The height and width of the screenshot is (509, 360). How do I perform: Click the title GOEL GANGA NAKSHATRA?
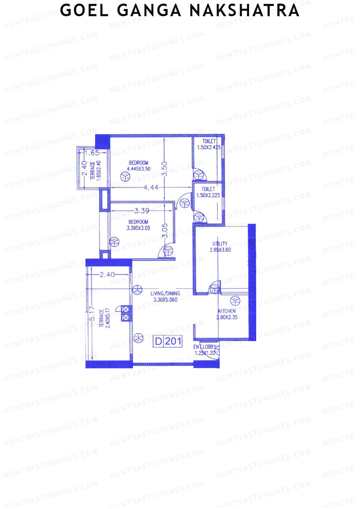point(180,11)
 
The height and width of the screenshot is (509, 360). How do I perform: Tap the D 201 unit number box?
point(168,341)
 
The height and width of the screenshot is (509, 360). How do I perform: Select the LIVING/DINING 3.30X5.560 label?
point(165,296)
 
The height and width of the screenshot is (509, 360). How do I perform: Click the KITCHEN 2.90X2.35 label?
point(227,314)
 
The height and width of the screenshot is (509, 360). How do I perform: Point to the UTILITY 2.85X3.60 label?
point(220,247)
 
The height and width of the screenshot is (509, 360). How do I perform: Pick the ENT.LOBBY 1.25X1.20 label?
point(205,350)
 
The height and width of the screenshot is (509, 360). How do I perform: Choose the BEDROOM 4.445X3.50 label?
point(139,166)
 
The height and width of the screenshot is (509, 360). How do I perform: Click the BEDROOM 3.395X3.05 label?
point(138,225)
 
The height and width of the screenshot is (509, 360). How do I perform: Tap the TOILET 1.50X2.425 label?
point(209,144)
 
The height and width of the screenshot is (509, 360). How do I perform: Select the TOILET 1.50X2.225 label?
point(208,192)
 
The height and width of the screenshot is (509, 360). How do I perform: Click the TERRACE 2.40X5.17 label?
point(105,318)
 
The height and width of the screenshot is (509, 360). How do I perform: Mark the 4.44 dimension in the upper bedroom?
point(151,187)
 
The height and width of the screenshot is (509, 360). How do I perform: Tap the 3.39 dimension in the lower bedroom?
point(142,211)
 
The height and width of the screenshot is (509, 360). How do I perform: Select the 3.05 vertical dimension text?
point(165,230)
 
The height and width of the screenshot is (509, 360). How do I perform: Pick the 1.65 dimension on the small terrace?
point(92,153)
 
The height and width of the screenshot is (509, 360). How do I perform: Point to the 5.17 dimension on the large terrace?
point(92,313)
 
